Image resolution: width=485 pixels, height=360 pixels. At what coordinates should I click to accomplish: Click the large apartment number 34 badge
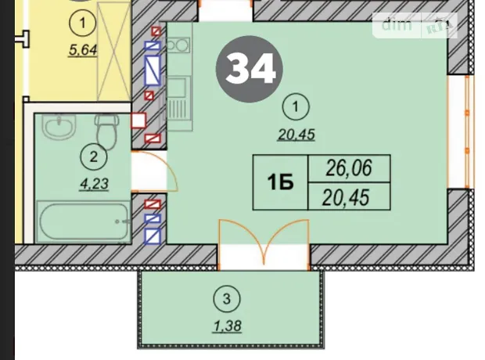click(x=250, y=69)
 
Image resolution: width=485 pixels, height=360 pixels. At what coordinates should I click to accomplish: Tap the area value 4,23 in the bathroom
click(x=94, y=184)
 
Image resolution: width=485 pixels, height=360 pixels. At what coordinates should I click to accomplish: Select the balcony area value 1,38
click(x=227, y=326)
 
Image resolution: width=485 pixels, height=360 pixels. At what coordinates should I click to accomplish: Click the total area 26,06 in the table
click(x=349, y=168)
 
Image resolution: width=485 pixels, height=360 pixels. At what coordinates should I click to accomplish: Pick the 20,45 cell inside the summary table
click(x=346, y=197)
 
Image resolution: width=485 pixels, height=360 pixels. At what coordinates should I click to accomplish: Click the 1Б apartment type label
click(x=280, y=183)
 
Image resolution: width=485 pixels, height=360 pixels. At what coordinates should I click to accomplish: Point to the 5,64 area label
click(x=83, y=50)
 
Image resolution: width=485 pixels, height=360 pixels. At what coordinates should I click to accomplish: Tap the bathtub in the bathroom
click(x=83, y=221)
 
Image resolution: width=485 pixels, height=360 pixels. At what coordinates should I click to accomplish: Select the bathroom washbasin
click(x=59, y=127)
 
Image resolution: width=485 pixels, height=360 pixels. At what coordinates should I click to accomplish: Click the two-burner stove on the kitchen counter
click(x=178, y=45)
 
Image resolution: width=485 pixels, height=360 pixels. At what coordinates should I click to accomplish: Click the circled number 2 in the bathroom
click(x=94, y=157)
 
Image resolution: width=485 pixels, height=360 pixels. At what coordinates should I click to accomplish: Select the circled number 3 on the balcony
click(x=227, y=299)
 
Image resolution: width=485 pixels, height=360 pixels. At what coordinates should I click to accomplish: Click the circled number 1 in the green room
click(x=296, y=107)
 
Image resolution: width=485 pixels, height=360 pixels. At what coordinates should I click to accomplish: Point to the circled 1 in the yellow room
click(x=83, y=23)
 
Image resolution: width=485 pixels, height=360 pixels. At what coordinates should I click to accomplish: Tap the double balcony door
click(x=264, y=243)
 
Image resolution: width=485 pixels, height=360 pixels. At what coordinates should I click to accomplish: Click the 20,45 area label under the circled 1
click(x=296, y=135)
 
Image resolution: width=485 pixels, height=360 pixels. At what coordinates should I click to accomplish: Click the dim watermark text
click(x=397, y=24)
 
